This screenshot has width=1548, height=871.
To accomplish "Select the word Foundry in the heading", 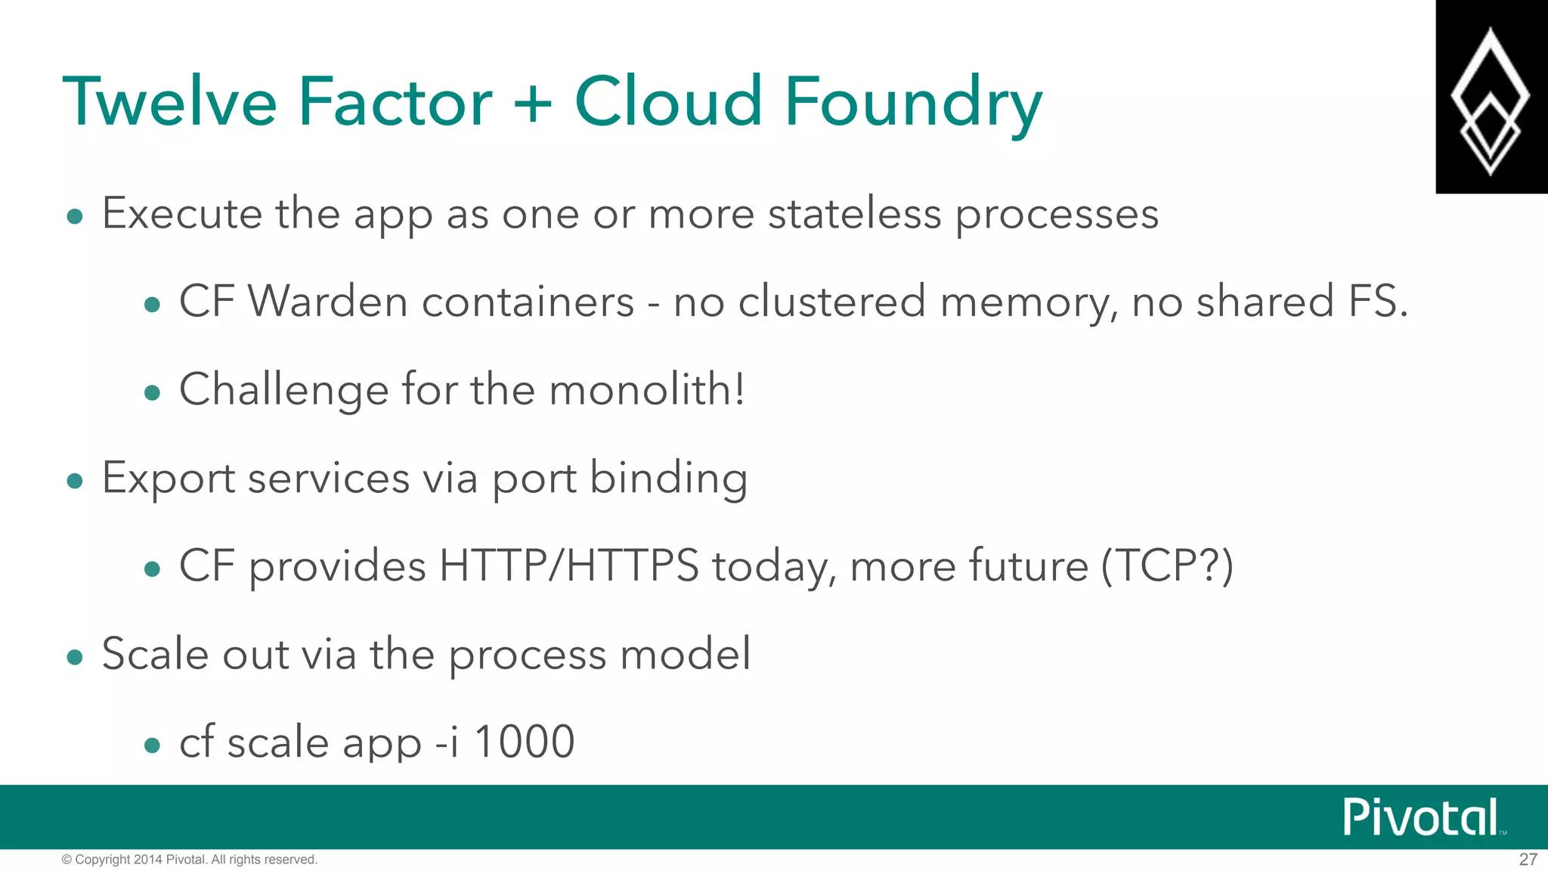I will (913, 103).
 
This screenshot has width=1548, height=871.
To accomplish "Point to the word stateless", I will (854, 213).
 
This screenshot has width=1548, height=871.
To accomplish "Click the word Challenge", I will (283, 390).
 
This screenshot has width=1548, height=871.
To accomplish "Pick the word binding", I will (668, 479).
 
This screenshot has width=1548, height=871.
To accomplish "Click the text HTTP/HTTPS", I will (568, 566).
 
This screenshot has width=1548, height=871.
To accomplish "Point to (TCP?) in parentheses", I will (1166, 566).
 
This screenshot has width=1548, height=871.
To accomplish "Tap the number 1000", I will (524, 742).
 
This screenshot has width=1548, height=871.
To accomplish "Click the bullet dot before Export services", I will (74, 481).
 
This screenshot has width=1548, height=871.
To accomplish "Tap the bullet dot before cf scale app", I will (152, 745).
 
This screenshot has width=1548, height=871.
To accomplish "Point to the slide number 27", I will (1528, 860).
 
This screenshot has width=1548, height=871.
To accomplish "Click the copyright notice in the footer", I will (189, 860).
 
